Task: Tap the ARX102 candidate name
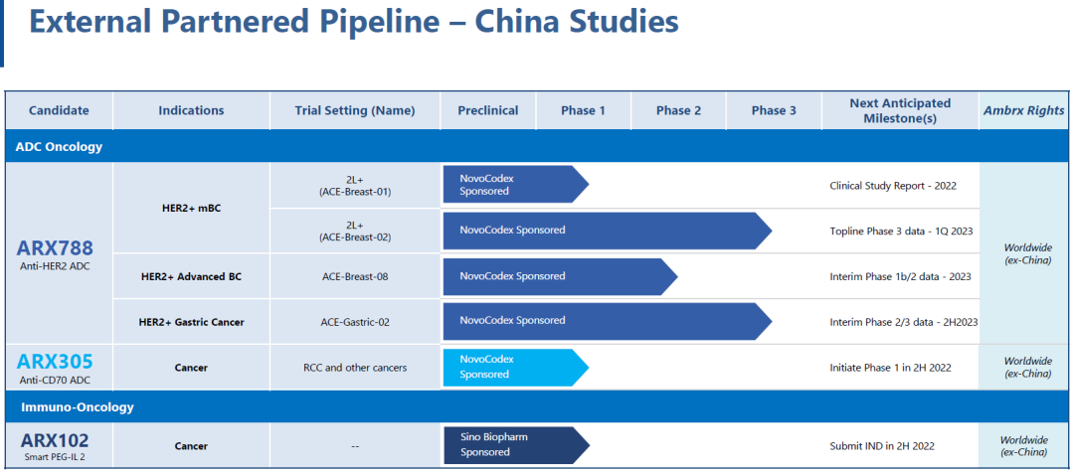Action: tap(55, 439)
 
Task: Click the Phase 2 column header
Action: tap(678, 110)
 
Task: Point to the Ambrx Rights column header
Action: tap(1024, 110)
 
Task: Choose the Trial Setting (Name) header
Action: tap(355, 110)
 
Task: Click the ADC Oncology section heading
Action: tap(59, 147)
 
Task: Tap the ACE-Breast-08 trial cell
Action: tap(355, 277)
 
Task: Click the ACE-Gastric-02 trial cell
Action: tap(355, 322)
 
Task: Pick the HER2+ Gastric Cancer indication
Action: tap(191, 322)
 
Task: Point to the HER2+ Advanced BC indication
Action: tap(191, 277)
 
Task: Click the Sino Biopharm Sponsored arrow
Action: tap(516, 445)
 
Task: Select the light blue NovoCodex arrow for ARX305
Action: tap(516, 368)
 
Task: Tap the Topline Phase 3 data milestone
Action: tap(901, 231)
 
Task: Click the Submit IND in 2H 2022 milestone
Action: tap(881, 446)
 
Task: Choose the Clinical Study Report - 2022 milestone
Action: tap(892, 186)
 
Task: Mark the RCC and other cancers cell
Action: tap(355, 368)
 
